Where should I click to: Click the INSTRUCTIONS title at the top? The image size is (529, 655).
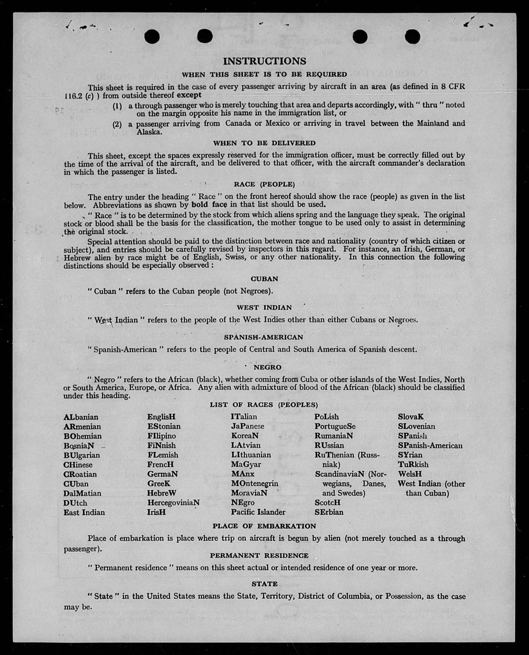(264, 61)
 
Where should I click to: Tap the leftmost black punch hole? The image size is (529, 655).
(152, 37)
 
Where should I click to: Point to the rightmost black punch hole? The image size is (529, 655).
(412, 37)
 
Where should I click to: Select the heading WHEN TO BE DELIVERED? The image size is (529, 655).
(264, 143)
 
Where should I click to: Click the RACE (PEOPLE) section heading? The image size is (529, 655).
(264, 184)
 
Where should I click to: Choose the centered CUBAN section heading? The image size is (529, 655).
(264, 279)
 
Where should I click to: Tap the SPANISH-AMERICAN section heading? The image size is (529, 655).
(263, 337)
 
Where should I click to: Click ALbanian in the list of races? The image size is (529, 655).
(81, 417)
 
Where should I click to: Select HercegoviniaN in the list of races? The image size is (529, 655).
(173, 502)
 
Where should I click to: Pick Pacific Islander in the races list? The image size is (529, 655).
(258, 512)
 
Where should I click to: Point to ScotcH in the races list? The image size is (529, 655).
(327, 502)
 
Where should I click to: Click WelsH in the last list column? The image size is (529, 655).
(410, 474)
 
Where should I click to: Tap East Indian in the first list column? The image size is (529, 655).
(84, 513)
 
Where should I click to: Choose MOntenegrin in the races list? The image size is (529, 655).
(255, 483)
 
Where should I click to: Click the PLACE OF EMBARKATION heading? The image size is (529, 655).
(264, 526)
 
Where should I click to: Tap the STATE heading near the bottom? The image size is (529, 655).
(264, 584)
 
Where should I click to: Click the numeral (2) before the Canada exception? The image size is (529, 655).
(117, 124)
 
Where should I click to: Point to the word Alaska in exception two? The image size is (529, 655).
(148, 132)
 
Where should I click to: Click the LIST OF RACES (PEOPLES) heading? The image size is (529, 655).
(264, 405)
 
